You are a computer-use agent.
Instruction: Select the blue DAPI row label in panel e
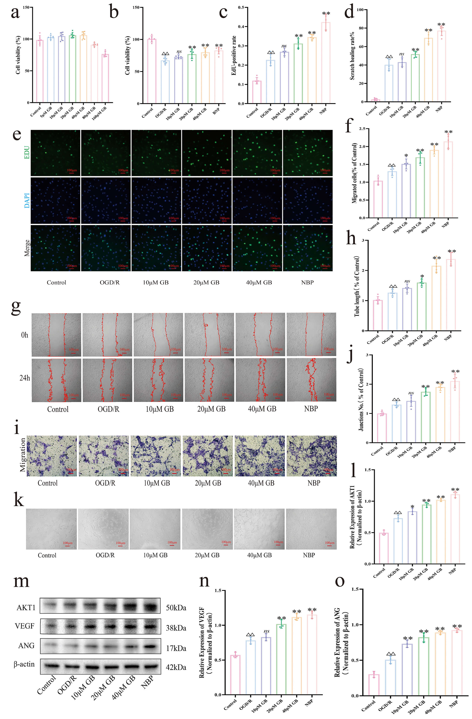27,200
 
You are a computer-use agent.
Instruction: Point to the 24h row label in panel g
25,378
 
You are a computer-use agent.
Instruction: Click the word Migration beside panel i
23,455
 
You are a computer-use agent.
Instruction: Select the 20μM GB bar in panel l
426,534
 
